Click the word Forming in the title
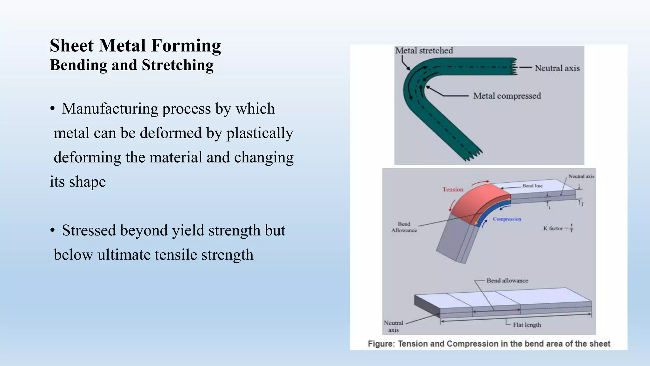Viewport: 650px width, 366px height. click(186, 46)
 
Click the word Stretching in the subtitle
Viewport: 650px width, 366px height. click(177, 65)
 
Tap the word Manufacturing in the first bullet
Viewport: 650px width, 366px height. click(110, 109)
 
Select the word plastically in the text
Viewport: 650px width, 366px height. click(259, 133)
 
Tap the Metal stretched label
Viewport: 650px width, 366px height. click(424, 51)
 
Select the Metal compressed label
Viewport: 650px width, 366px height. click(507, 96)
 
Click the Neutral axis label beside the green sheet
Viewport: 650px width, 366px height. click(557, 68)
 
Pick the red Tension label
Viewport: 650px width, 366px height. click(453, 190)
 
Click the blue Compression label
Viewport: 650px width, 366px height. click(507, 219)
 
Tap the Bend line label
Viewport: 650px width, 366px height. click(532, 186)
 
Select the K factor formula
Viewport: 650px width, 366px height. click(558, 228)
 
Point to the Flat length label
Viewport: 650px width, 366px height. click(527, 325)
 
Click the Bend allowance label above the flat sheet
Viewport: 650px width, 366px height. click(507, 281)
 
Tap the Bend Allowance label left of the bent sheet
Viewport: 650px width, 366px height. click(404, 227)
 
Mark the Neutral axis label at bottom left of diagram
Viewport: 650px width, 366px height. click(394, 326)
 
